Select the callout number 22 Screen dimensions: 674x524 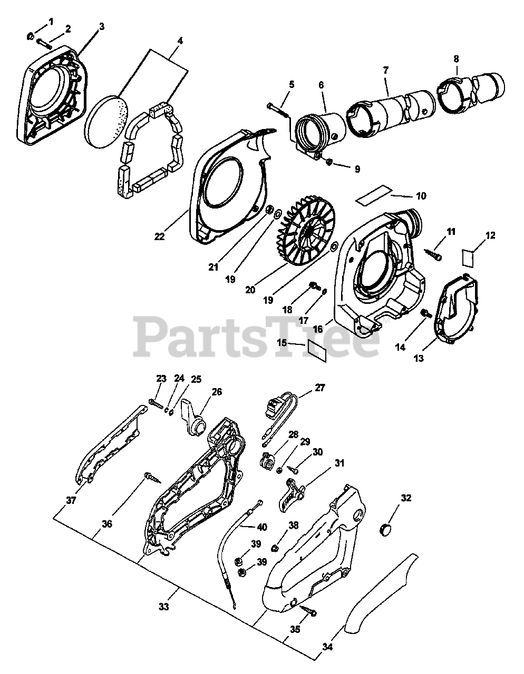(160, 236)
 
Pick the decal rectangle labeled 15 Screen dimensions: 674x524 (317, 350)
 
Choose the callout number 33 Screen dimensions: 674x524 (163, 607)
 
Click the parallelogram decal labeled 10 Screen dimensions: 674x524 (374, 199)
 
